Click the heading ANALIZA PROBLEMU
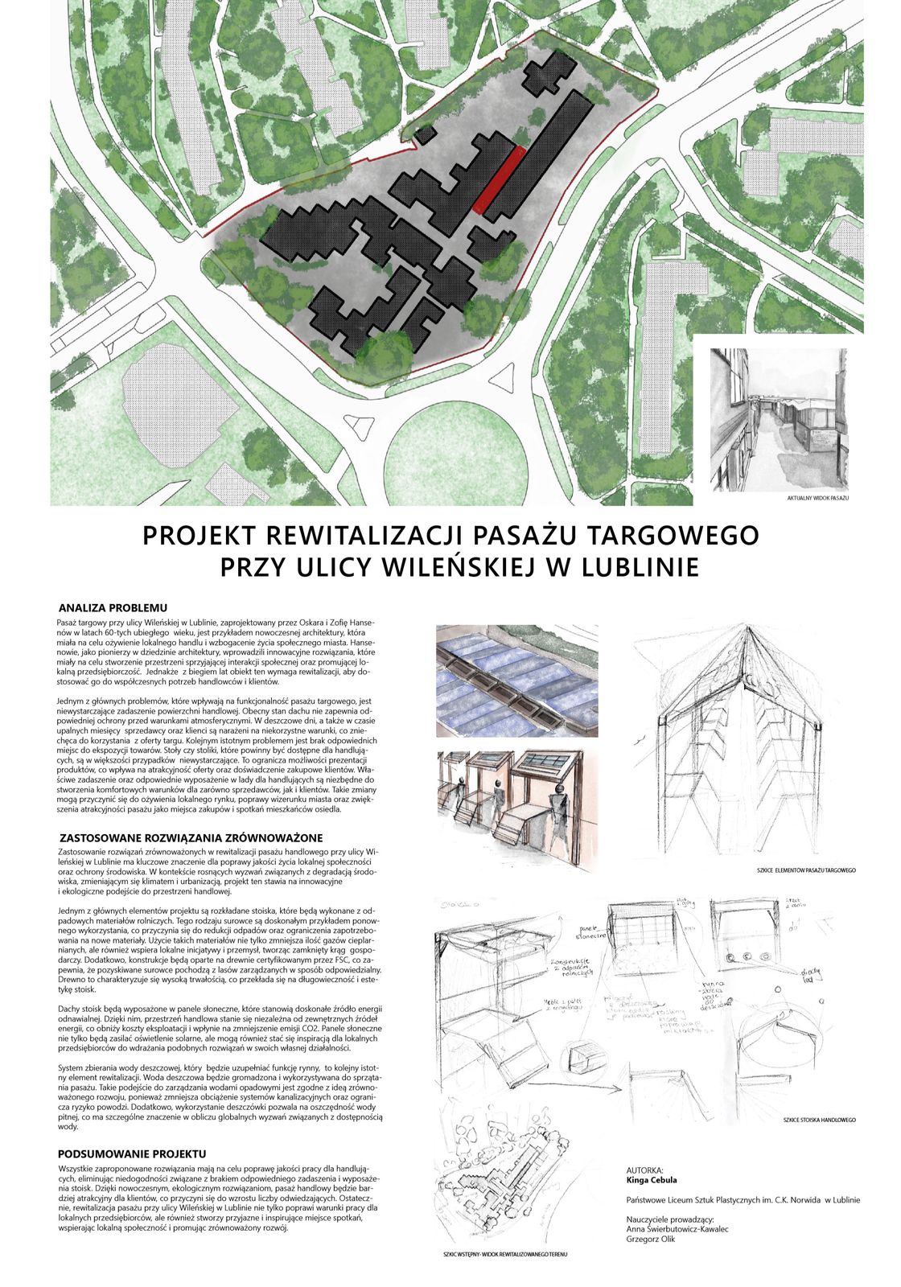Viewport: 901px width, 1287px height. pos(113,608)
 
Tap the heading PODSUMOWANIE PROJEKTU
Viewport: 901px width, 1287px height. pos(132,1153)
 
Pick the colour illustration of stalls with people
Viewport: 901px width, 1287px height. pos(517,800)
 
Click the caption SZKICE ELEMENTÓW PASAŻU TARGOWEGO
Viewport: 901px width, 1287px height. pos(805,870)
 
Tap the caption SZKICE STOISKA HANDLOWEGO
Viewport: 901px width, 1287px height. pos(818,1120)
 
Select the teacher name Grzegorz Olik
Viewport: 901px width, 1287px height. pos(651,1239)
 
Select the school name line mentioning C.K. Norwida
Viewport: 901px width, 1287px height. pos(742,1200)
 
